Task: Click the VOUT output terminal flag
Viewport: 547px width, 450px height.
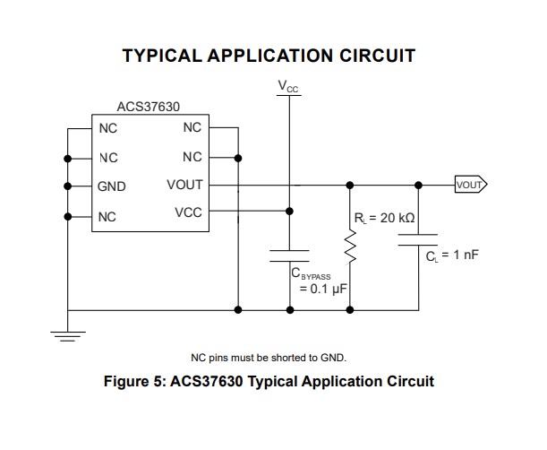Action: (469, 186)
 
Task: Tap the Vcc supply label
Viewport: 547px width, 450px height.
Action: (289, 87)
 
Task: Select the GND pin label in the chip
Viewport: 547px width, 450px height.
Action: (112, 187)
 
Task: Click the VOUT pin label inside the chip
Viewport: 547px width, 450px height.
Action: (184, 186)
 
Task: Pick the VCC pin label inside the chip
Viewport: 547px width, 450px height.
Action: (188, 212)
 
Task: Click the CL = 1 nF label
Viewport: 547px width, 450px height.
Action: (454, 255)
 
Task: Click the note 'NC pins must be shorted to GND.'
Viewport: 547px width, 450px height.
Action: (269, 358)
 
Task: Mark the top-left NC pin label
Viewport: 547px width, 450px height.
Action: (107, 128)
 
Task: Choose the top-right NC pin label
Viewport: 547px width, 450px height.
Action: (192, 128)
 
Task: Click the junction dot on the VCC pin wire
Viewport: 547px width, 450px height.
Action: (289, 212)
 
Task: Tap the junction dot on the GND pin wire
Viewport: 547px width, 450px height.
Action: (67, 186)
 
